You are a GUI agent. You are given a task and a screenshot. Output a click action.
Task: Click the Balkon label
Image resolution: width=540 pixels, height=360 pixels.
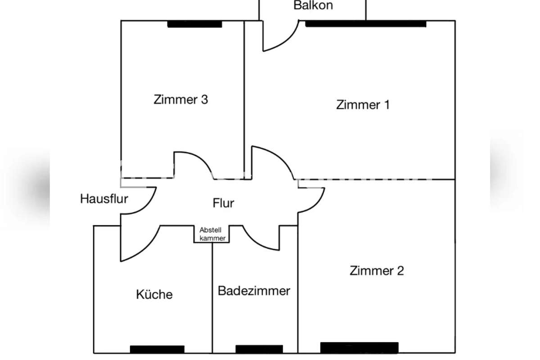[x=313, y=5]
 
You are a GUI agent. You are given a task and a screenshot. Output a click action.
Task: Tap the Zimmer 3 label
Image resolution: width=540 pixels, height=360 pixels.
[x=181, y=99]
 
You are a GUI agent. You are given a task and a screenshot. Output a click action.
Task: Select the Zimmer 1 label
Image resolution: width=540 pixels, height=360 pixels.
[x=363, y=105]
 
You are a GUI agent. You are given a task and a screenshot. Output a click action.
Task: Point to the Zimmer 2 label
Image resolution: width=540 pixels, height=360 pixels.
[x=377, y=270]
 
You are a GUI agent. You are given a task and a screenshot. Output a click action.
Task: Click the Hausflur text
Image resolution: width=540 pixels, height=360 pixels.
[x=104, y=199]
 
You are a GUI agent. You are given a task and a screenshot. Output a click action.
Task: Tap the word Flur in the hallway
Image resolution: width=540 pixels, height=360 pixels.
[x=223, y=203]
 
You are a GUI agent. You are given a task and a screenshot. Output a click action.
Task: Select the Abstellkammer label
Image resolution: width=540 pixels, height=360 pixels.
[x=212, y=234]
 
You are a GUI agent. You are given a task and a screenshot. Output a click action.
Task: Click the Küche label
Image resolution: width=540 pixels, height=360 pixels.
[x=154, y=294]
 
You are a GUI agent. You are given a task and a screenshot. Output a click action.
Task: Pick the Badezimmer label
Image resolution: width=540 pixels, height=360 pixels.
[x=254, y=291]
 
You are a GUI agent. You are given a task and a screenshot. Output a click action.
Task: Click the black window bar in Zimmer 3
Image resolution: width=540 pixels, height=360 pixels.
[x=195, y=24]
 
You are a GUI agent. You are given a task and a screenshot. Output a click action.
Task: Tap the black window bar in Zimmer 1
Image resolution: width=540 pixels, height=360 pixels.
[x=366, y=24]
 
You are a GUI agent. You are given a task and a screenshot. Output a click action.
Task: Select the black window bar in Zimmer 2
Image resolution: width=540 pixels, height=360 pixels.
[x=359, y=348]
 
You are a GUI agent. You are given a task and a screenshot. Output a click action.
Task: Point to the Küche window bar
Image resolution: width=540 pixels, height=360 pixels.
[x=157, y=349]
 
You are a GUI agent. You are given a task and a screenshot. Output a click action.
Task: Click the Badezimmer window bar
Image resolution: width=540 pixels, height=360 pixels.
[x=259, y=349]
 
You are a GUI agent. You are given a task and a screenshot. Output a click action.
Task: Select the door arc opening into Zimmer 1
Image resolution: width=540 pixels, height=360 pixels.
[x=281, y=156]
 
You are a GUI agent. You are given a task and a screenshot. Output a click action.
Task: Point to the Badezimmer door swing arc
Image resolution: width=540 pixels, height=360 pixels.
[x=256, y=244]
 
